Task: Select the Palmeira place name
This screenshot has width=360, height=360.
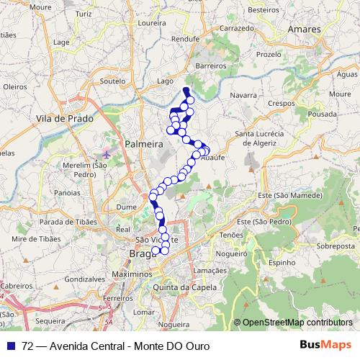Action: pos(144,144)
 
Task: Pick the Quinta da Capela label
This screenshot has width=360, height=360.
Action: pos(185,287)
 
